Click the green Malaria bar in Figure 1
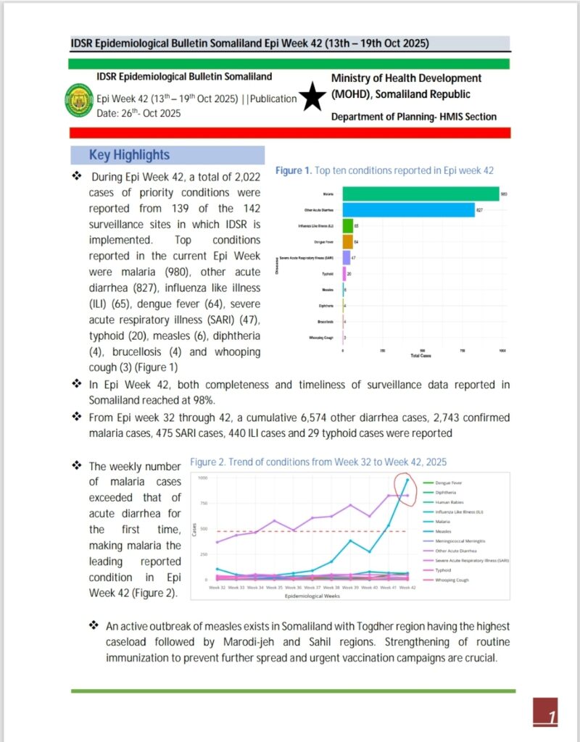click(420, 193)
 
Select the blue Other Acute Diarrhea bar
click(408, 209)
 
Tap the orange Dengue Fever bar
click(347, 241)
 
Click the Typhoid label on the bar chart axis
click(328, 274)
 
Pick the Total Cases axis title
click(420, 356)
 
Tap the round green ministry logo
click(79, 101)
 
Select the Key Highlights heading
click(129, 155)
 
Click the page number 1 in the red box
click(552, 717)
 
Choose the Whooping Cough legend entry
click(452, 580)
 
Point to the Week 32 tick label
click(216, 588)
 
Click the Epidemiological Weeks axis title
click(312, 596)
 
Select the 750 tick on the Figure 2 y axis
click(202, 504)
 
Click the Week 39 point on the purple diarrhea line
click(350, 505)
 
